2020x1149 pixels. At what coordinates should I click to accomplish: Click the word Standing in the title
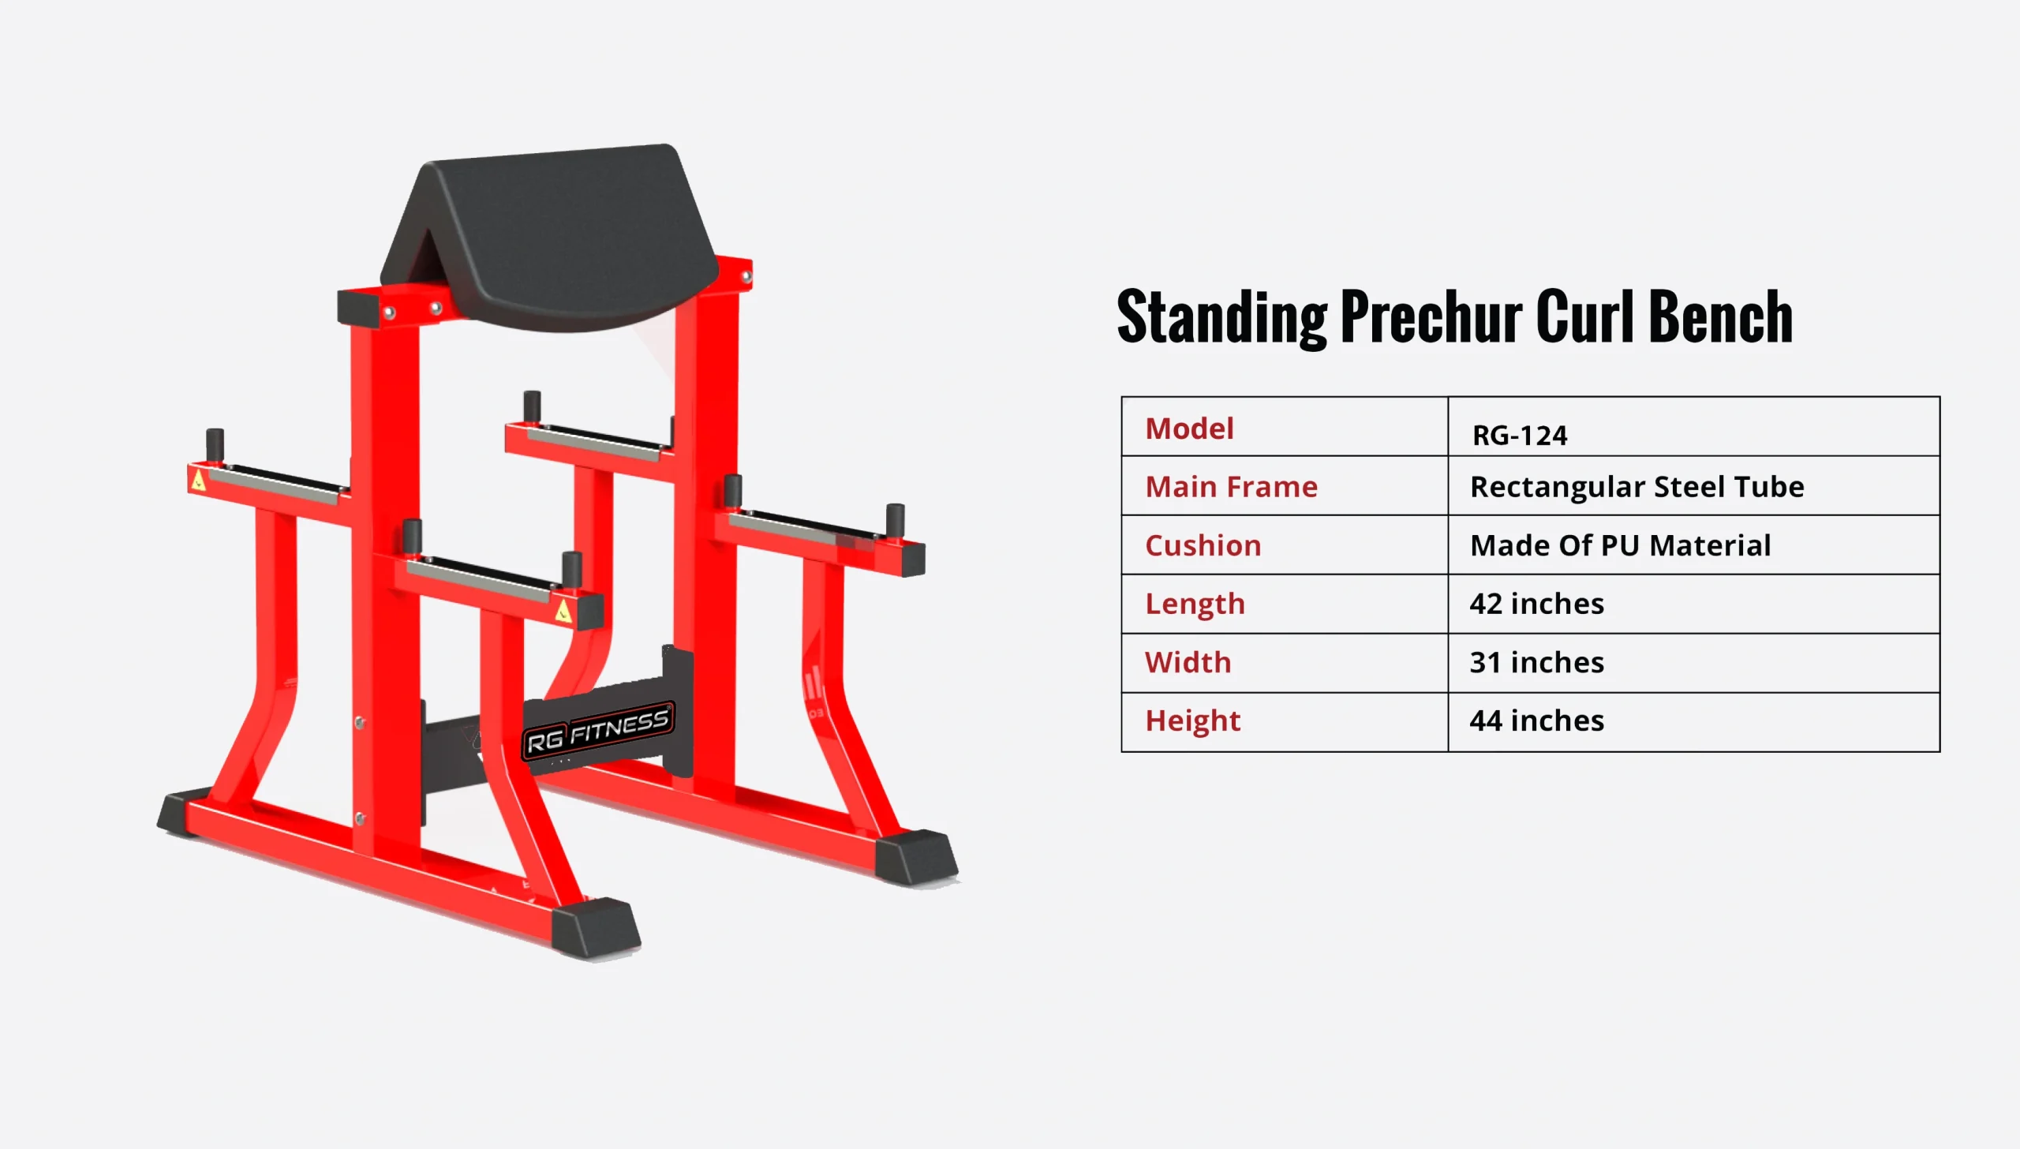pyautogui.click(x=1222, y=318)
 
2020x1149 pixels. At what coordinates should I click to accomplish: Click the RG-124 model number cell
pyautogui.click(x=1520, y=436)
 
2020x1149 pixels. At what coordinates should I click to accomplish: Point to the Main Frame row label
pyautogui.click(x=1231, y=487)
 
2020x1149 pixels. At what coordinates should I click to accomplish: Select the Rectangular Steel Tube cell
pyautogui.click(x=1637, y=487)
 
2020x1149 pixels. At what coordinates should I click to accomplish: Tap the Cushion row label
pyautogui.click(x=1203, y=545)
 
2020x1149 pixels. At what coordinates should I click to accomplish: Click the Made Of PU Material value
pyautogui.click(x=1620, y=545)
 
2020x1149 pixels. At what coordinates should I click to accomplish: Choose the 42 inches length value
pyautogui.click(x=1536, y=604)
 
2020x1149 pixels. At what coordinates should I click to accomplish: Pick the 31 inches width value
pyautogui.click(x=1536, y=662)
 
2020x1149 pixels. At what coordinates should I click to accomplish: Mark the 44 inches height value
pyautogui.click(x=1536, y=720)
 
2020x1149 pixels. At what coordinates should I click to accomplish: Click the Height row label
pyautogui.click(x=1192, y=721)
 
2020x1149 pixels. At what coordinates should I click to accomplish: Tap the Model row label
pyautogui.click(x=1189, y=429)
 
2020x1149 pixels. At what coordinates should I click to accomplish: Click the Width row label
pyautogui.click(x=1188, y=662)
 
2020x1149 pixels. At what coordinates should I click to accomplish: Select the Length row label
pyautogui.click(x=1195, y=604)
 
